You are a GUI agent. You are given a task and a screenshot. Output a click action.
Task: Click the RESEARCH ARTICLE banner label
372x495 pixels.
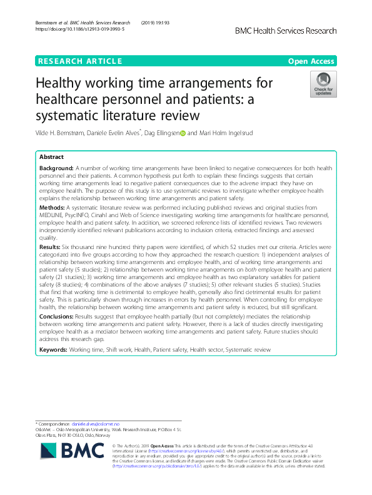click(x=79, y=61)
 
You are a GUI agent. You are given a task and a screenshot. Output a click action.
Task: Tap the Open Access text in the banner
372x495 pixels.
click(x=312, y=61)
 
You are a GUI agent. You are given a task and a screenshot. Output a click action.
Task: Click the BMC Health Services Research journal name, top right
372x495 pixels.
click(x=286, y=31)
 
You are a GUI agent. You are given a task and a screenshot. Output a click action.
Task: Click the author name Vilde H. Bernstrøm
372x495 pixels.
click(x=66, y=133)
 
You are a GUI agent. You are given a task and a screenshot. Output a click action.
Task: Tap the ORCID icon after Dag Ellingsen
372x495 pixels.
click(x=183, y=133)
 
